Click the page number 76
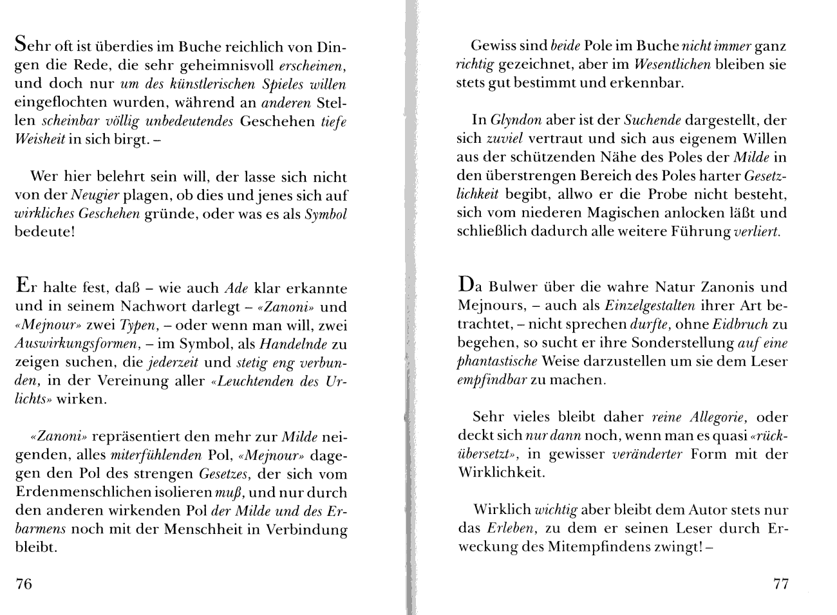tap(23, 584)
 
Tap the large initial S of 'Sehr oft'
tap(21, 46)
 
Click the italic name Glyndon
tap(516, 120)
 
